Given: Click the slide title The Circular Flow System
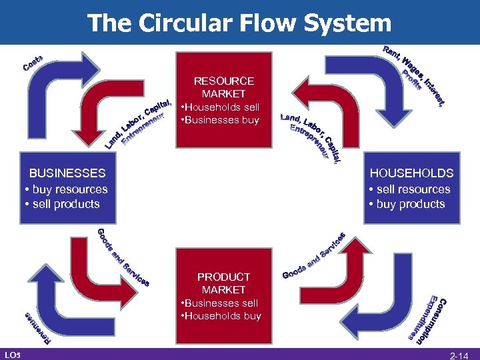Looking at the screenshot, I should pyautogui.click(x=239, y=23).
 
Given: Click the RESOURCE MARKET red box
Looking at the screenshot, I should pyautogui.click(x=223, y=101).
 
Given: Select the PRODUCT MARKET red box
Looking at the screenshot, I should pyautogui.click(x=223, y=296).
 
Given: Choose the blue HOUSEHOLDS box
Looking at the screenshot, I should pyautogui.click(x=411, y=189).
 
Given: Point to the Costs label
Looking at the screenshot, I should pyautogui.click(x=33, y=64).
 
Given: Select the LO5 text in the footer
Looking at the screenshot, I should pyautogui.click(x=11, y=353).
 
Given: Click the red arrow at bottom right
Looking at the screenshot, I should pyautogui.click(x=353, y=267).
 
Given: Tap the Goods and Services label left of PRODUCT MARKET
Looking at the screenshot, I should pyautogui.click(x=123, y=257).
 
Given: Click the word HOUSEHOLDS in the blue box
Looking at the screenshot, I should pyautogui.click(x=411, y=173).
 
